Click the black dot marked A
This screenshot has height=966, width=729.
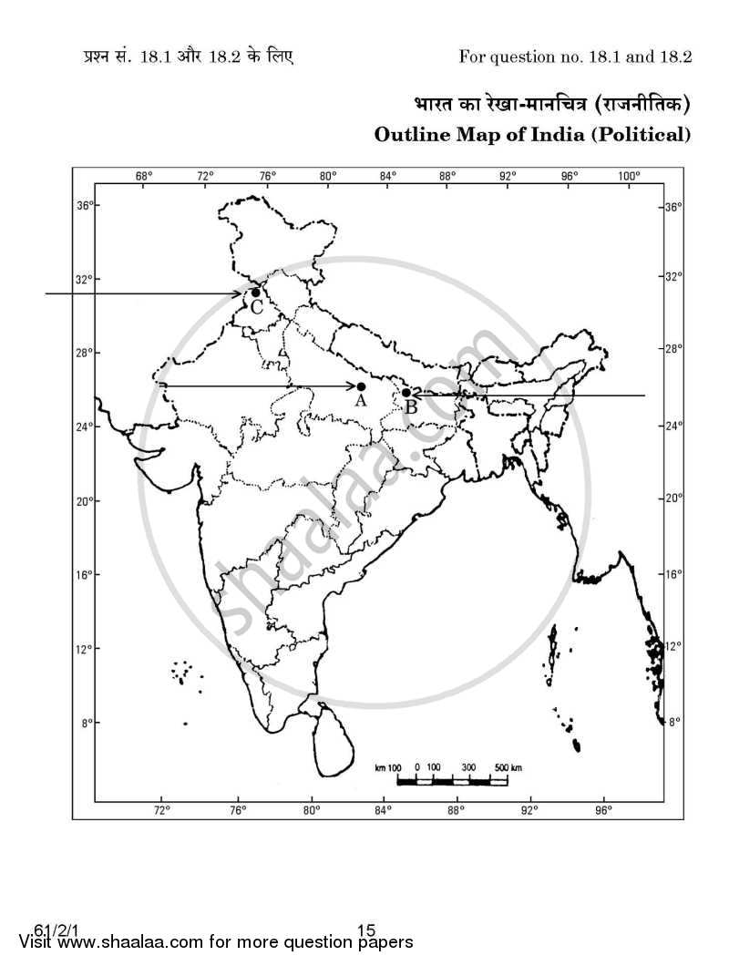361,386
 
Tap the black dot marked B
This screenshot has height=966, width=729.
406,393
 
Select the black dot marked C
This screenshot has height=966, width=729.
256,293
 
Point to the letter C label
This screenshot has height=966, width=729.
257,308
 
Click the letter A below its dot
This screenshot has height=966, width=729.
360,400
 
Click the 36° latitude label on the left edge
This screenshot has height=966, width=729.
84,206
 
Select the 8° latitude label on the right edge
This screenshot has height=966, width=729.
674,722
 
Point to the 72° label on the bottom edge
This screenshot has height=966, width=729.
162,809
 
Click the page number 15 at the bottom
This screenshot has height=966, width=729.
366,930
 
